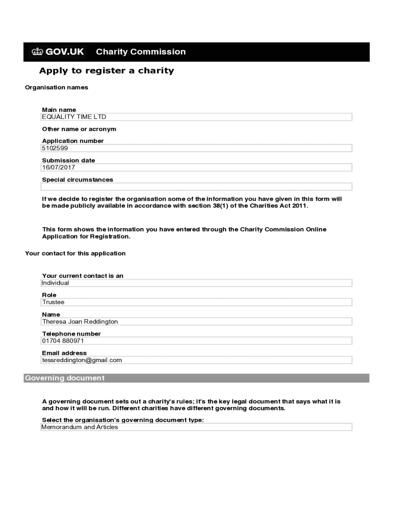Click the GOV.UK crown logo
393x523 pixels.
[x=37, y=52]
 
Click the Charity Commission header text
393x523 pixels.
[x=141, y=52]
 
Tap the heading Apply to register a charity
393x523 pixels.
[x=107, y=70]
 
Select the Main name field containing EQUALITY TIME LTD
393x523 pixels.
[x=196, y=117]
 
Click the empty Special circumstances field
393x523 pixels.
[x=196, y=187]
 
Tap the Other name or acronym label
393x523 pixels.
[x=79, y=129]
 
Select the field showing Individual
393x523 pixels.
[x=196, y=283]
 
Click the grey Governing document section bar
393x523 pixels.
[x=196, y=378]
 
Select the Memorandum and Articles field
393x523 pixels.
[x=196, y=427]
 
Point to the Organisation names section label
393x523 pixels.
[x=57, y=87]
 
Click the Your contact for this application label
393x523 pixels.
[x=75, y=253]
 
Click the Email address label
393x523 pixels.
[x=64, y=353]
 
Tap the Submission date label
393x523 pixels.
[x=68, y=160]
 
